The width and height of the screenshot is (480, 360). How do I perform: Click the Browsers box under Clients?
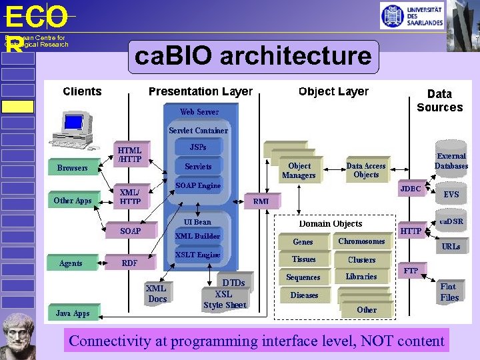(72, 168)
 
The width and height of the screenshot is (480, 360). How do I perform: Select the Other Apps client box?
(73, 200)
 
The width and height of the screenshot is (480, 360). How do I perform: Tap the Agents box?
(71, 263)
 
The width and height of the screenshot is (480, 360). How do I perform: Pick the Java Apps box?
(73, 313)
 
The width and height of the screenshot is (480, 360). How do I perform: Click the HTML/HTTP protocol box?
(129, 155)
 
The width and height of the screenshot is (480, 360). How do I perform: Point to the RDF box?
(129, 263)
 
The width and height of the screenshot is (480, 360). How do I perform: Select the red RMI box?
(261, 200)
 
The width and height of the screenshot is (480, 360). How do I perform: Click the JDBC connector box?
(410, 189)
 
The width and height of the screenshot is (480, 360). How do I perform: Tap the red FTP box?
(411, 271)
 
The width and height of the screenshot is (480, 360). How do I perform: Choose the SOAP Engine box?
(198, 185)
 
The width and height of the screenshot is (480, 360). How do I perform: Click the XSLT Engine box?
(198, 255)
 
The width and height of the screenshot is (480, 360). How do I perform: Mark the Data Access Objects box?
(366, 171)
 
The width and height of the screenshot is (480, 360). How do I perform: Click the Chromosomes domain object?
(361, 241)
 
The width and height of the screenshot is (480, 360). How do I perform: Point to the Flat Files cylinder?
(449, 291)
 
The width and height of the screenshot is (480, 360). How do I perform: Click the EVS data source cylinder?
(451, 194)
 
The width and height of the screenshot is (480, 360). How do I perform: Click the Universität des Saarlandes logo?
(412, 15)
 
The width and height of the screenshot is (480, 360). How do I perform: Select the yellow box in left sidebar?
(17, 107)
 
